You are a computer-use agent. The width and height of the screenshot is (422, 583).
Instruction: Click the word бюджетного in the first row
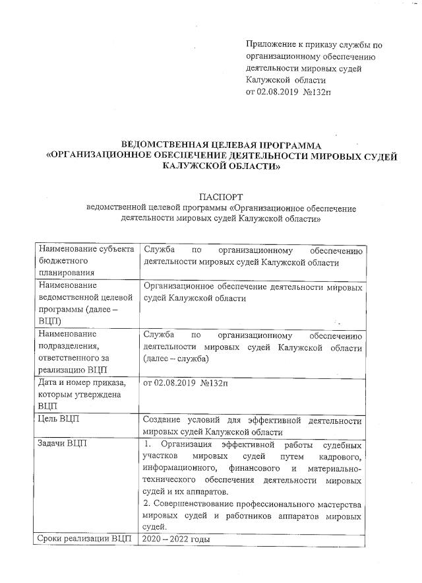pyautogui.click(x=63, y=261)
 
